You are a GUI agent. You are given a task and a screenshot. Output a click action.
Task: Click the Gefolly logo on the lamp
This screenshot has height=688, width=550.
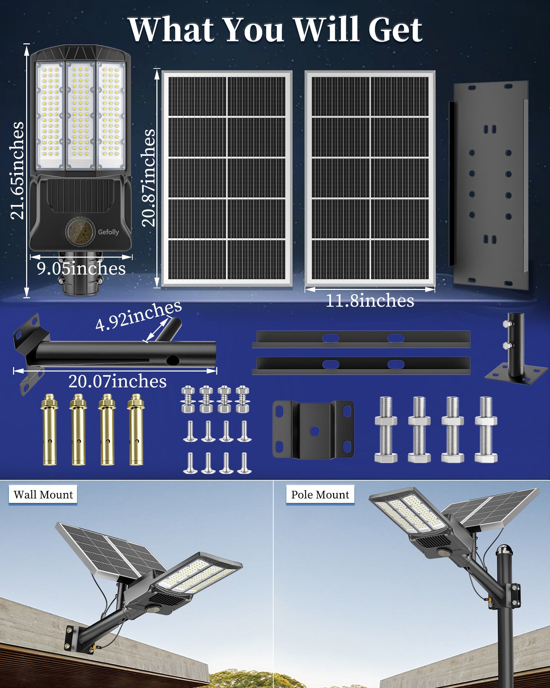(x=108, y=232)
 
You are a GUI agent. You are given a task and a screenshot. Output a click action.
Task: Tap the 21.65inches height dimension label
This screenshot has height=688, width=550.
(x=17, y=171)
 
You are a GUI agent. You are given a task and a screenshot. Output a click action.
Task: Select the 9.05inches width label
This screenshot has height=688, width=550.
(x=81, y=268)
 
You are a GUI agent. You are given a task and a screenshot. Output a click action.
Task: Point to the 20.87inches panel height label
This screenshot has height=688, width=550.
(x=149, y=178)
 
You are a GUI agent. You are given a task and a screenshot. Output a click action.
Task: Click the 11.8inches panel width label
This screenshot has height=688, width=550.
(x=370, y=301)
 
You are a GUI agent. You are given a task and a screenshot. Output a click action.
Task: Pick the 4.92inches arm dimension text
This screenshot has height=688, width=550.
(x=138, y=316)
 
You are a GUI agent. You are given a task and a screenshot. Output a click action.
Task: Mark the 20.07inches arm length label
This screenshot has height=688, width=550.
(x=117, y=381)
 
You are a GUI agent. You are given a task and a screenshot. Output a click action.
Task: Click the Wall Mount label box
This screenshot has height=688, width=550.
(x=43, y=495)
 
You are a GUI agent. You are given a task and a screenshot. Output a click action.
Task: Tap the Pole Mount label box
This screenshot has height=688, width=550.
(x=320, y=495)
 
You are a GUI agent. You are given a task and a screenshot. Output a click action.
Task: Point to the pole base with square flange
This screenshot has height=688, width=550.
(x=516, y=354)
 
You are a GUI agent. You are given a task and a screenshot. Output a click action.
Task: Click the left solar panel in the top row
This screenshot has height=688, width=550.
(x=227, y=178)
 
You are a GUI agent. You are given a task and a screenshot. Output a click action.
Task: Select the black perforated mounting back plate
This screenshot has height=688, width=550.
(x=490, y=185)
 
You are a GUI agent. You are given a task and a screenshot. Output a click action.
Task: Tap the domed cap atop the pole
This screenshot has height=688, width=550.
(x=504, y=549)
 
